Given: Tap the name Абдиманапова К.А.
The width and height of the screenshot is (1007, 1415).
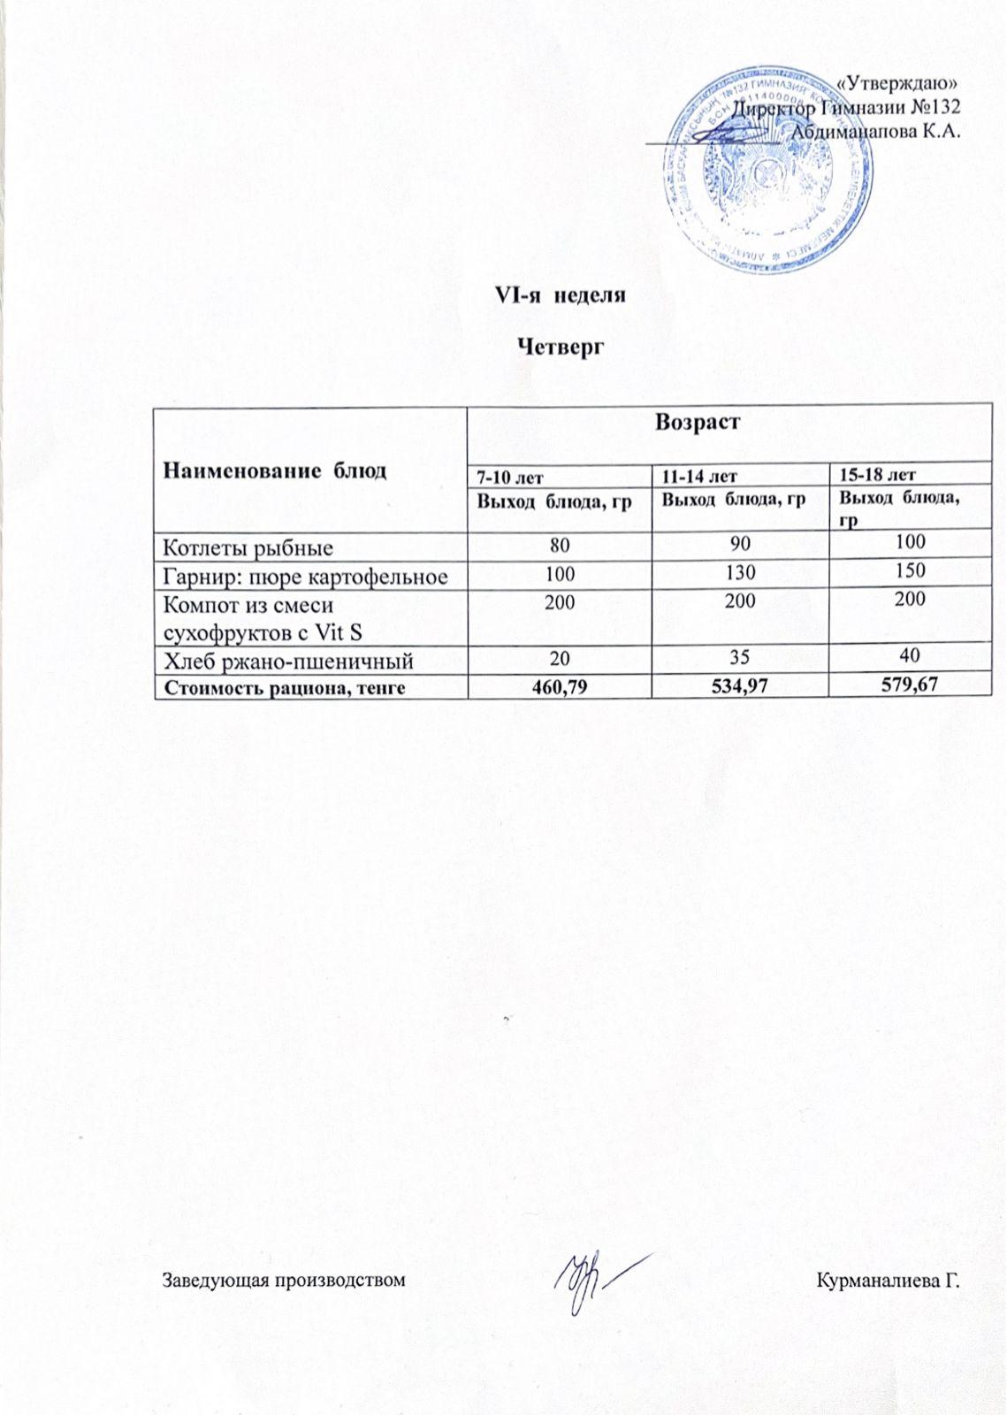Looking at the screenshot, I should click(875, 130).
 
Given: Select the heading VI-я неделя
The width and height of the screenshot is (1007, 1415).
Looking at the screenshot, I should click(559, 295).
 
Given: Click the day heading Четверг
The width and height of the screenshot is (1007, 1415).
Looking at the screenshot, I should click(560, 348).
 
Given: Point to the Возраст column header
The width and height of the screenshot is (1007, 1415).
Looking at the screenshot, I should click(697, 423).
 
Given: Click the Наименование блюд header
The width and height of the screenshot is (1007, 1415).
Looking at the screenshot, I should click(274, 470).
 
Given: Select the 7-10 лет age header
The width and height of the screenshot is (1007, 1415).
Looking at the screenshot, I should click(510, 478).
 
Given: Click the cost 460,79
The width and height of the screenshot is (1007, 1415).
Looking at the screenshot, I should click(559, 685).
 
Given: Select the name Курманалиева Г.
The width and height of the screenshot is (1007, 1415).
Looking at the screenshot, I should click(889, 1280).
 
